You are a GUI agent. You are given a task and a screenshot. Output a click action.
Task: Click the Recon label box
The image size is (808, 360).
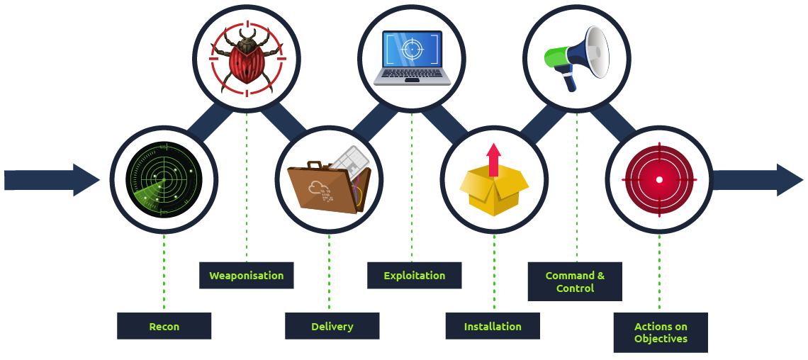[164, 326]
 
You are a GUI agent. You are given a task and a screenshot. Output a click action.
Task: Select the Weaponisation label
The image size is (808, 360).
[246, 275]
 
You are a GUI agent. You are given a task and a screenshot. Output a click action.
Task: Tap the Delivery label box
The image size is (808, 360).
[332, 326]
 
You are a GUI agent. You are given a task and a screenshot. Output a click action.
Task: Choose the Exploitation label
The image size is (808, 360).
[414, 275]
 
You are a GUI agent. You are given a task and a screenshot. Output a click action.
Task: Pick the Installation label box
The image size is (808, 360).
[493, 326]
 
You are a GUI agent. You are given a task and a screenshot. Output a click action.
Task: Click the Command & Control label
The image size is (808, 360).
[575, 281]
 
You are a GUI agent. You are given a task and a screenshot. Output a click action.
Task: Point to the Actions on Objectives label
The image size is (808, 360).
[661, 332]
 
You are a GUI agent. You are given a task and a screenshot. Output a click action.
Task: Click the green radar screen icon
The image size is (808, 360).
[164, 179]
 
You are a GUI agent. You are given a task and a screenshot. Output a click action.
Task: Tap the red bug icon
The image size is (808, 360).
[247, 58]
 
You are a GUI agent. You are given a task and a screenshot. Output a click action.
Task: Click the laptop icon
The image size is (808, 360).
[412, 57]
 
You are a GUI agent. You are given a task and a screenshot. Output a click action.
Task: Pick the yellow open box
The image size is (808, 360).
[494, 188]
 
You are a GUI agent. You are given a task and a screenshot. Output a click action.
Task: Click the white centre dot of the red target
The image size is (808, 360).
[659, 179]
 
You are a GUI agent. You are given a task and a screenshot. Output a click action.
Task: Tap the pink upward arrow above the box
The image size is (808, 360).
[494, 157]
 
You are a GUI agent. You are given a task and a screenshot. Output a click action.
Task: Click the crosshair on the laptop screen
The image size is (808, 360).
[412, 48]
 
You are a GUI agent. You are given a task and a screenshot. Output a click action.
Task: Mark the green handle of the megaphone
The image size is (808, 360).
[554, 56]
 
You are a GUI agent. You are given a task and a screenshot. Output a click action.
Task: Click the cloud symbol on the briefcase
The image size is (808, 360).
[316, 188]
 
